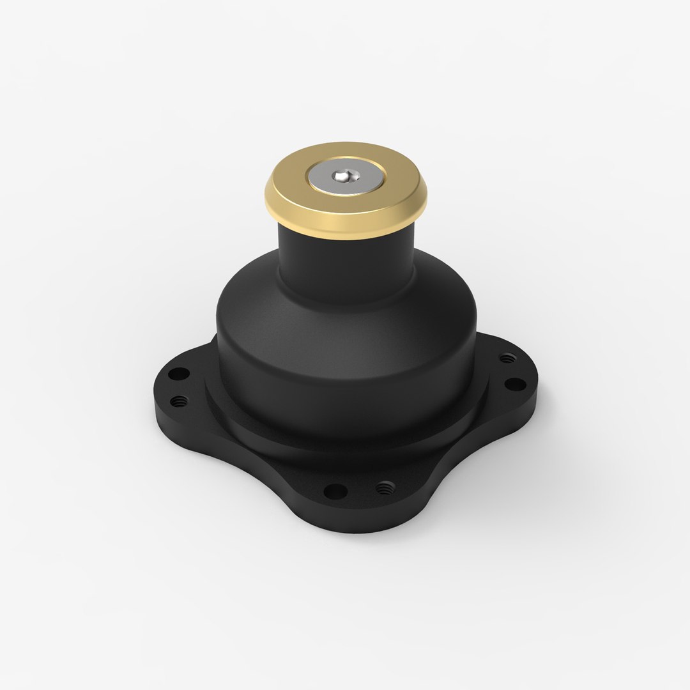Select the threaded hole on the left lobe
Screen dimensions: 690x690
[x=180, y=401]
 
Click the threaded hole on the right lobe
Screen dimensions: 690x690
[x=507, y=358]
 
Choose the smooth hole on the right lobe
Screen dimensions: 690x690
[x=515, y=384]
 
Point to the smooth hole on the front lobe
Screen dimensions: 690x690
[x=335, y=491]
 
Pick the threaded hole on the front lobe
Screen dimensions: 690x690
[x=383, y=489]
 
